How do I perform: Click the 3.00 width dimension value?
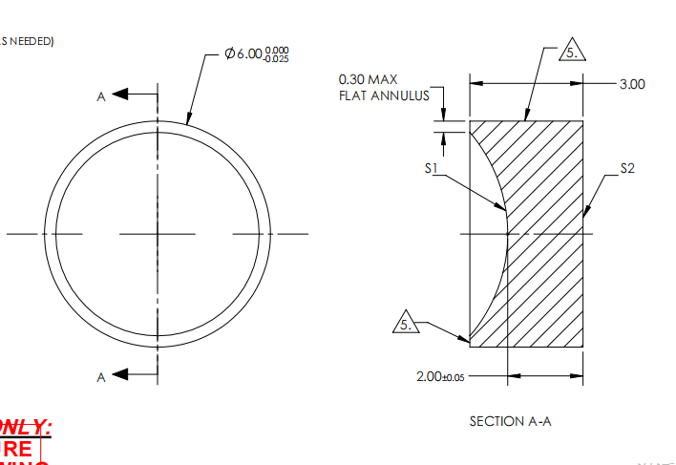(632, 84)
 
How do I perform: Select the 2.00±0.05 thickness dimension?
(440, 377)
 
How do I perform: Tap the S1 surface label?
(432, 168)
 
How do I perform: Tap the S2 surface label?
(627, 168)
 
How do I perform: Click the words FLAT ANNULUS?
(384, 95)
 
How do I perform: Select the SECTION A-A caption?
(510, 421)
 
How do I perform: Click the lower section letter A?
(100, 377)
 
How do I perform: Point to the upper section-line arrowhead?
(120, 95)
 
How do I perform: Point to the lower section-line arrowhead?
(120, 373)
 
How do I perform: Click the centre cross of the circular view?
(158, 233)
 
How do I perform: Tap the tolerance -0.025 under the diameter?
(277, 59)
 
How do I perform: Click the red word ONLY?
(26, 428)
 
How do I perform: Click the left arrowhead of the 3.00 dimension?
(475, 84)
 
